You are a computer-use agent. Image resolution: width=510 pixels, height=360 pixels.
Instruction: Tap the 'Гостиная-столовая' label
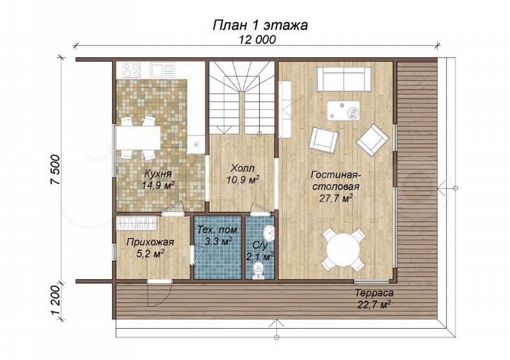click(336, 181)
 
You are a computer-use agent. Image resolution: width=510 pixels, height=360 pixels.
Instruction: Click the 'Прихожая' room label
click(146, 242)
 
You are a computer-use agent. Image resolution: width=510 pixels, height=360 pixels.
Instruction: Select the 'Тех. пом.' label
click(219, 232)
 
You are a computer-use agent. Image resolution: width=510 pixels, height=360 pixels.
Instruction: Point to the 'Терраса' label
click(375, 293)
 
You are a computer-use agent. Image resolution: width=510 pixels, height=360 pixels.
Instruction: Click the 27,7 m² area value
click(336, 199)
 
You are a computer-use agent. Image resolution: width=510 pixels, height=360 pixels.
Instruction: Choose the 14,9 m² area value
click(158, 185)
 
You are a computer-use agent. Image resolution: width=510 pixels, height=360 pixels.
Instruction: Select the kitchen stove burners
click(132, 69)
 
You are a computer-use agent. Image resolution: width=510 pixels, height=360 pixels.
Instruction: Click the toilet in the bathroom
click(260, 268)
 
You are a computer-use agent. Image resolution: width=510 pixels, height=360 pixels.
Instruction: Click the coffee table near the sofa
click(344, 110)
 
